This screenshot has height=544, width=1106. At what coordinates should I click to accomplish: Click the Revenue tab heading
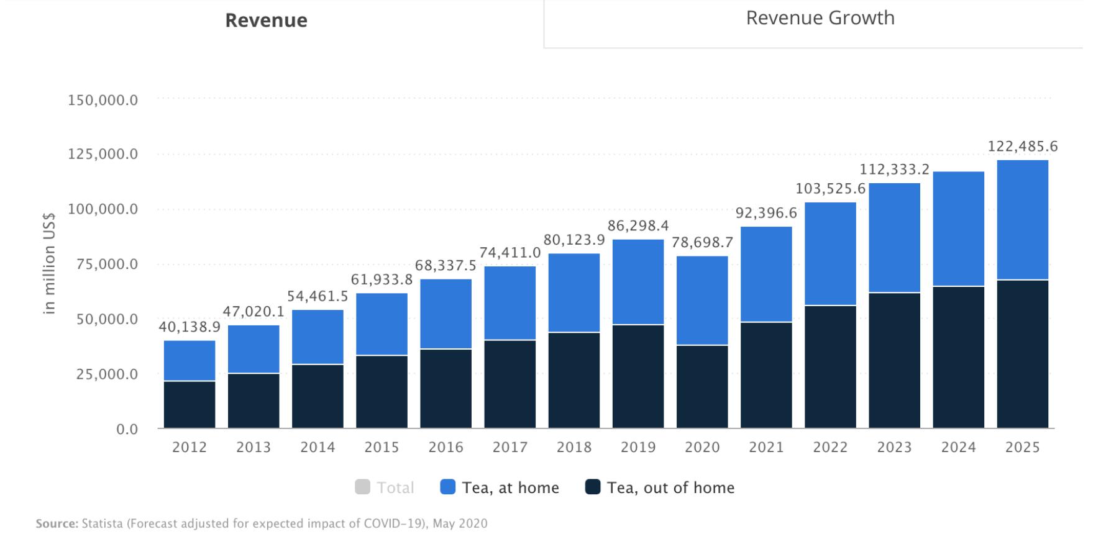pyautogui.click(x=266, y=20)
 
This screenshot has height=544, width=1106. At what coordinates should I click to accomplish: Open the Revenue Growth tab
pyautogui.click(x=820, y=18)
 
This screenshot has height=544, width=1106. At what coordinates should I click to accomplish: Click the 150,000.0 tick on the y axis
pyautogui.click(x=103, y=100)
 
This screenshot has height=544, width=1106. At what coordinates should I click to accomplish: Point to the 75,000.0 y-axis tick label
pyautogui.click(x=103, y=265)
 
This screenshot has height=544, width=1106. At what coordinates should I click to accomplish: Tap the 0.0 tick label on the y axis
pyautogui.click(x=127, y=429)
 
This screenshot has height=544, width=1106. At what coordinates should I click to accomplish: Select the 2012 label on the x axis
pyautogui.click(x=190, y=447)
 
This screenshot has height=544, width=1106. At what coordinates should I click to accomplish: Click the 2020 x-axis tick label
pyautogui.click(x=702, y=447)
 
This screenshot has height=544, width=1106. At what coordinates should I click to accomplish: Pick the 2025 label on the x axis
pyautogui.click(x=1022, y=447)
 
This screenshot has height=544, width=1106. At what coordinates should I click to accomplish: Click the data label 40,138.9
pyautogui.click(x=190, y=327)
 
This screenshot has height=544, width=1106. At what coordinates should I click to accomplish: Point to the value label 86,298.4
pyautogui.click(x=638, y=226)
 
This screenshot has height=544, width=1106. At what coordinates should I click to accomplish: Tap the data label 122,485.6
pyautogui.click(x=1022, y=147)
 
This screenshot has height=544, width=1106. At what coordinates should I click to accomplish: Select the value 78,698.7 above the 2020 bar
pyautogui.click(x=702, y=243)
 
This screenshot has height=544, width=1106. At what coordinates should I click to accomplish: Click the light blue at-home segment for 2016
pyautogui.click(x=446, y=314)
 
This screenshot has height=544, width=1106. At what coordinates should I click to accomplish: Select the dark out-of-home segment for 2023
pyautogui.click(x=894, y=360)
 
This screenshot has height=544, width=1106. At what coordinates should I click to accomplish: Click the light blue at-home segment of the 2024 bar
pyautogui.click(x=958, y=229)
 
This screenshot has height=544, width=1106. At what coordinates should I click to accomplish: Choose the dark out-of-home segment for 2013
pyautogui.click(x=254, y=401)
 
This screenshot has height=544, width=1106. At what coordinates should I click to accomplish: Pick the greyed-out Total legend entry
pyautogui.click(x=385, y=487)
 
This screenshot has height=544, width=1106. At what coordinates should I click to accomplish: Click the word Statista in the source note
pyautogui.click(x=102, y=524)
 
